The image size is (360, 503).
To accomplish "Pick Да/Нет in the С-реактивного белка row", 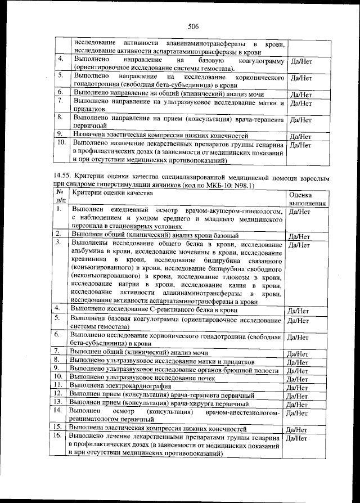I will [x=298, y=311].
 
